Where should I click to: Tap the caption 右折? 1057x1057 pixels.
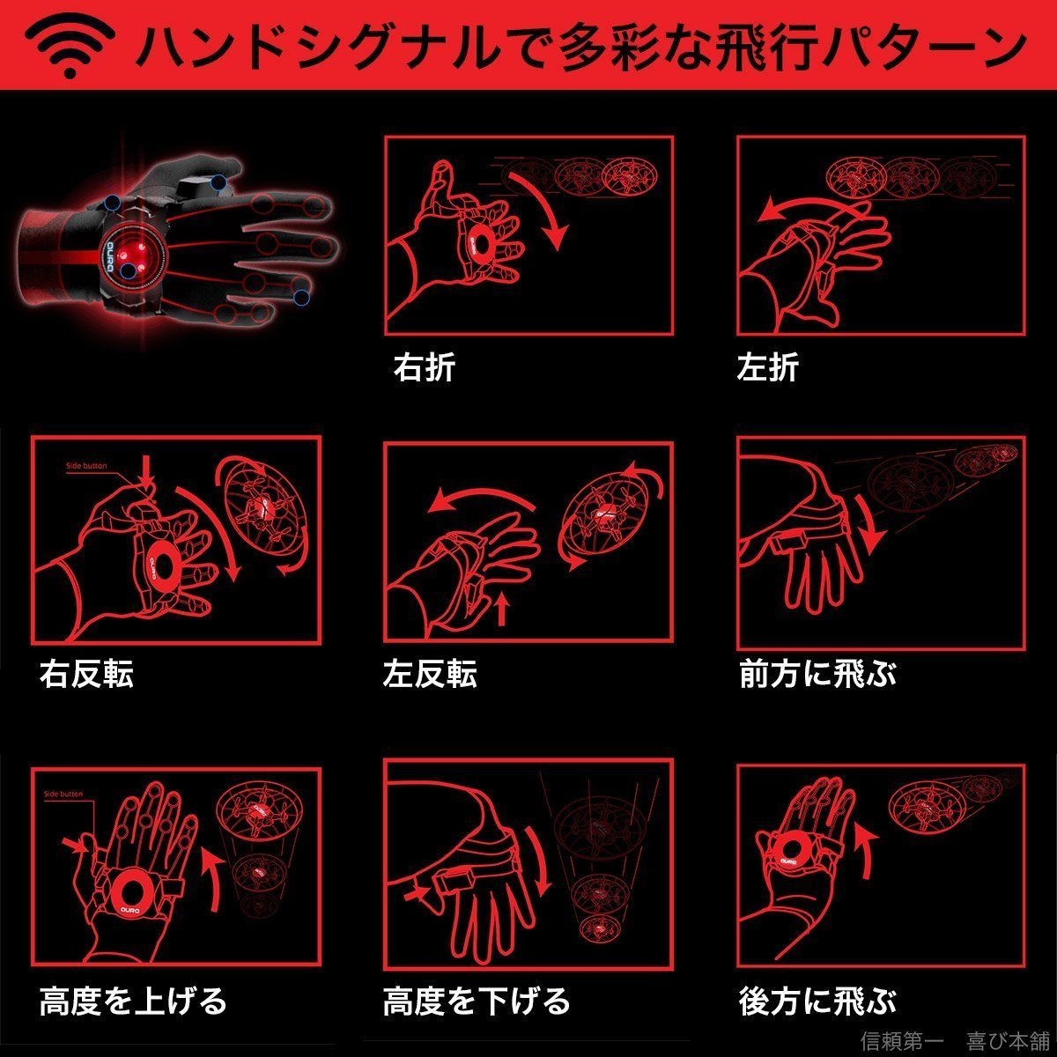click(424, 367)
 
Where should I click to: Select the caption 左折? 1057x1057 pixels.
click(767, 367)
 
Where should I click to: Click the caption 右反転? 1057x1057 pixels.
click(86, 675)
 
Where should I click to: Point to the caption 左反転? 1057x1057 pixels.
click(430, 675)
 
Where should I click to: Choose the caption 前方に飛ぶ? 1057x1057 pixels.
click(817, 675)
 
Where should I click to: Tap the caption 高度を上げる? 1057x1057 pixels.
click(133, 1000)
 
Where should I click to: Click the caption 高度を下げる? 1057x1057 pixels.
click(477, 1000)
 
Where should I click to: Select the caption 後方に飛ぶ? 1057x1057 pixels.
click(817, 1000)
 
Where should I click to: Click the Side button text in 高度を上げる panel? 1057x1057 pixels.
click(63, 794)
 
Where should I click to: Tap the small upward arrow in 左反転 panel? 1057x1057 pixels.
click(502, 608)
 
